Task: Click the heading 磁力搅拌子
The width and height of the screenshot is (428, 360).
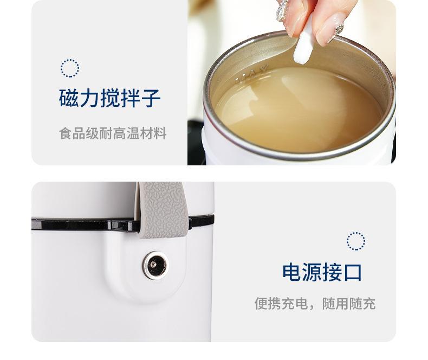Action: (x=110, y=98)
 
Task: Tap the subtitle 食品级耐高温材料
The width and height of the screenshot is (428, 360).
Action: (x=113, y=133)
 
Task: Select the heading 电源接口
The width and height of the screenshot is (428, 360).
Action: (x=322, y=272)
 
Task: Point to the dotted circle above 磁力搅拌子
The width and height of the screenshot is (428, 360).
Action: (x=70, y=68)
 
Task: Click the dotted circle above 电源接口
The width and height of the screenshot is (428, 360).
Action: (x=356, y=241)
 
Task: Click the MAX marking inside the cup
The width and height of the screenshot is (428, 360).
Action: (x=252, y=74)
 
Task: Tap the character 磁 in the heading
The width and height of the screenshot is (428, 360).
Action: (x=69, y=98)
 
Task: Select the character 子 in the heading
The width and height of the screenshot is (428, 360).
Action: (x=151, y=98)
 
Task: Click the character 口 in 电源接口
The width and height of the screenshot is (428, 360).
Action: (x=353, y=272)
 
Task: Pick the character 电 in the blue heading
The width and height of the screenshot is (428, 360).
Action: (x=291, y=272)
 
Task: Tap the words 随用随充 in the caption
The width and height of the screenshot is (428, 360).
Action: (x=349, y=304)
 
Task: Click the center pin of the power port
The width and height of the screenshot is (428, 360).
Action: (x=154, y=265)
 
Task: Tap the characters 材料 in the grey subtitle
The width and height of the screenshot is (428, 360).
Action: (x=153, y=133)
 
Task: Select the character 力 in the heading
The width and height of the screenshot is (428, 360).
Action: (x=89, y=98)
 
